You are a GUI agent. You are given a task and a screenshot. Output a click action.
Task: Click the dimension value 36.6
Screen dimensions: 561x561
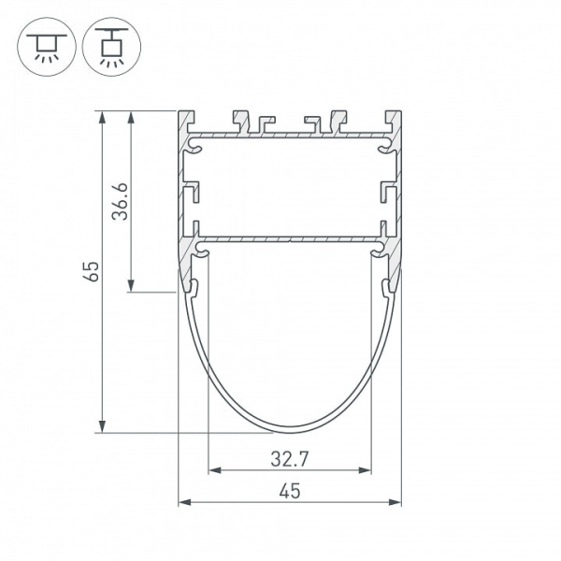coord(120,201)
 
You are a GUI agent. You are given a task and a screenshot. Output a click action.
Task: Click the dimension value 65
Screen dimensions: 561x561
coord(93,271)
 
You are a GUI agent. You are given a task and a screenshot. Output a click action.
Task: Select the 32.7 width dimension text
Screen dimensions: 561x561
coord(290,459)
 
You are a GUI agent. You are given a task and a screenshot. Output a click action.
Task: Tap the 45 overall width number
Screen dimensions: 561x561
coord(290,491)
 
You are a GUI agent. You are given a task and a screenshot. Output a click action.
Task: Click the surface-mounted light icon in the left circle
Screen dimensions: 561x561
coord(47,48)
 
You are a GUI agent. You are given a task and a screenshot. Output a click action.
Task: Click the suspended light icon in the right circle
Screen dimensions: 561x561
coord(111,47)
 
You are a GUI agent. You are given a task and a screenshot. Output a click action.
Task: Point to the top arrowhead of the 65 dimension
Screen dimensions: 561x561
coord(102,117)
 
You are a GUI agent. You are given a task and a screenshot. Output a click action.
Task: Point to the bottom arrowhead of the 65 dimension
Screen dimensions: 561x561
coord(102,426)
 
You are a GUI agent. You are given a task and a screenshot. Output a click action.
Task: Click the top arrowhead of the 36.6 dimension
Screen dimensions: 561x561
coord(131,117)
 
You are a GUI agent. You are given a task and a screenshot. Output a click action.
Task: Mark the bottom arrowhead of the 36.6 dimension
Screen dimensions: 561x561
coord(131,286)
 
